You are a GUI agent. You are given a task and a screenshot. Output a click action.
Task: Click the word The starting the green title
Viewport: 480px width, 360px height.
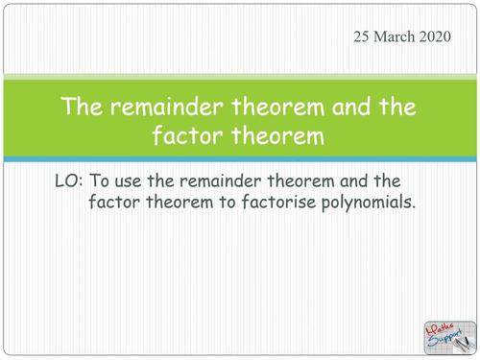82,107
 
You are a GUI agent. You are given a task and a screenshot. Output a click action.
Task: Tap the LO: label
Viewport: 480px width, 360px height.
70,180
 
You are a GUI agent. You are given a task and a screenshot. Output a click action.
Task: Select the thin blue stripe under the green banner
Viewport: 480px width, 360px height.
240,159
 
